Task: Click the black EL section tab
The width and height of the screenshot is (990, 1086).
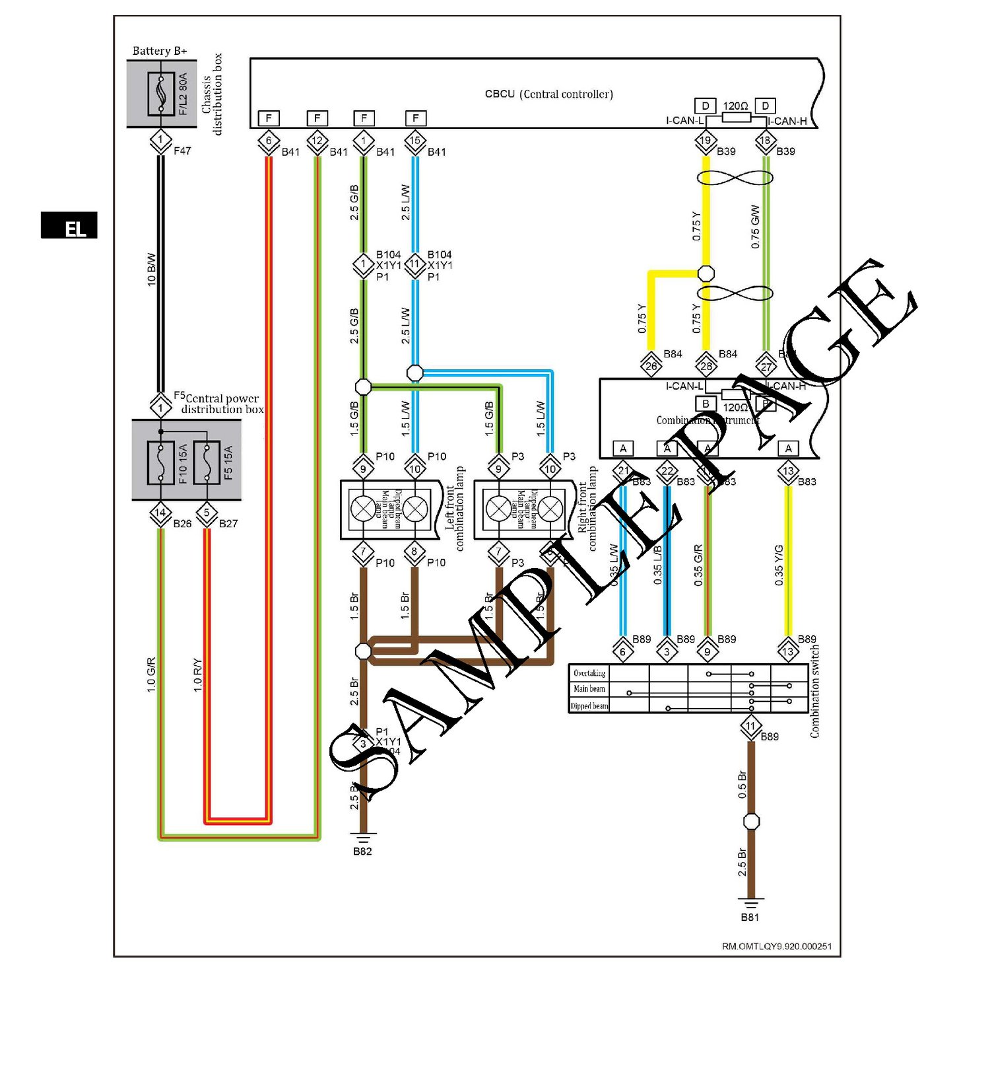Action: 69,225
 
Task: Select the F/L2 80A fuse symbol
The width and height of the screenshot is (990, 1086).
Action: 161,93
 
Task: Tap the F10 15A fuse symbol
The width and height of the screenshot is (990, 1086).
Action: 161,462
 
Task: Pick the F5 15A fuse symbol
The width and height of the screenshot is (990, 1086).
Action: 207,462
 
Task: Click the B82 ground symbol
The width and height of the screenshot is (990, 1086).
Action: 362,838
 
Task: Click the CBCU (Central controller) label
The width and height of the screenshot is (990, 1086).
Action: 548,94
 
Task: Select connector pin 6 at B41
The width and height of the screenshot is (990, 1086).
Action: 269,141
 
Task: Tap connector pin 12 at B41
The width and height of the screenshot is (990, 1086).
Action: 317,141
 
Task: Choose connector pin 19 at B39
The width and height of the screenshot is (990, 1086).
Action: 706,141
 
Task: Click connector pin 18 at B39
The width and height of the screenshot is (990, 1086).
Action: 766,141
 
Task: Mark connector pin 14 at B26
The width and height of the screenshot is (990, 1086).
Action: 160,513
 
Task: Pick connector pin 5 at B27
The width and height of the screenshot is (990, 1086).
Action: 207,513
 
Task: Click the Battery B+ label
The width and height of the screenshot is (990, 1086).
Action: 160,51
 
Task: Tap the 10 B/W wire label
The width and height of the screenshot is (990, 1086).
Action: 151,269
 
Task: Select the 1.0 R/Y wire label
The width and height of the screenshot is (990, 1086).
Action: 197,675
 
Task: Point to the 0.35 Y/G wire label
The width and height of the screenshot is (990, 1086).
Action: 779,565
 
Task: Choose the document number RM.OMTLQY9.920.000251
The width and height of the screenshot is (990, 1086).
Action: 776,947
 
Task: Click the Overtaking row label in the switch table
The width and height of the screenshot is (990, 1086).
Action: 589,673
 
